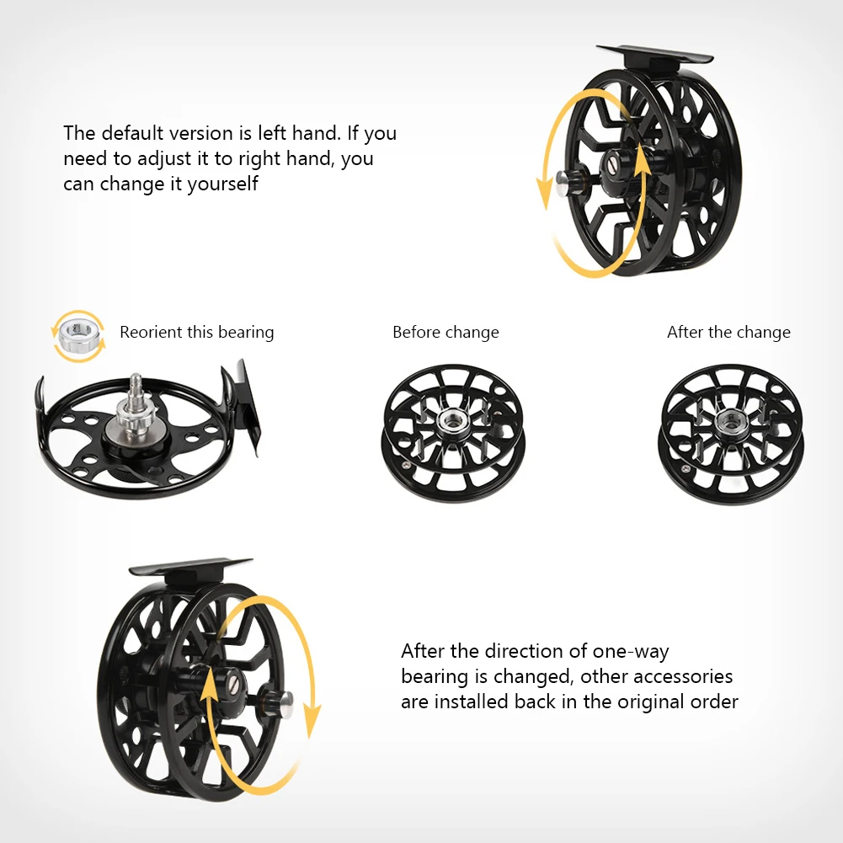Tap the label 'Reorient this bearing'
[x=196, y=333]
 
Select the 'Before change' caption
[x=446, y=333]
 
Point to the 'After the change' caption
[x=728, y=333]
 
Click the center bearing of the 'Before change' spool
[x=451, y=419]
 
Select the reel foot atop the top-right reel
[x=654, y=56]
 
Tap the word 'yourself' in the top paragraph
[x=223, y=183]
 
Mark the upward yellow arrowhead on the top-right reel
[x=644, y=157]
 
